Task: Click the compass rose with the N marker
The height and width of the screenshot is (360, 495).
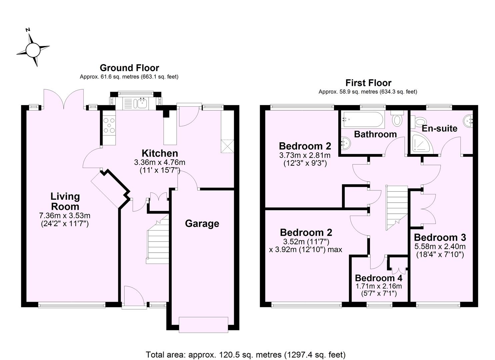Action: tap(33, 50)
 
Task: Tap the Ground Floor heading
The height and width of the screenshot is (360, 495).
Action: tap(129, 68)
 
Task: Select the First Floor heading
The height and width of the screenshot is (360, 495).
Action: tap(368, 83)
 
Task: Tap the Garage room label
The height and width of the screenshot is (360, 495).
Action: tap(202, 223)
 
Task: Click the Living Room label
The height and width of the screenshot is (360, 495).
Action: tap(65, 201)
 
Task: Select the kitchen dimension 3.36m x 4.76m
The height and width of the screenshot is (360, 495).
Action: tap(159, 163)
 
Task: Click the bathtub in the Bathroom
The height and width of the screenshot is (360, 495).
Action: tap(363, 119)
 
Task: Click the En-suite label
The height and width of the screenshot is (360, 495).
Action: tap(439, 128)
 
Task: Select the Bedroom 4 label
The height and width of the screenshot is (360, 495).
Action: tap(378, 278)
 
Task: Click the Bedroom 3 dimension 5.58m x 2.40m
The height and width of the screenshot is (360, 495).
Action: tap(440, 247)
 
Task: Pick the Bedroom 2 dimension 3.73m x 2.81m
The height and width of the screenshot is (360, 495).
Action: tap(305, 155)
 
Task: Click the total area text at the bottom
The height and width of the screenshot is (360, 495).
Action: tap(245, 354)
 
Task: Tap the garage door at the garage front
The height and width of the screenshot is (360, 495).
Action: tap(203, 325)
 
